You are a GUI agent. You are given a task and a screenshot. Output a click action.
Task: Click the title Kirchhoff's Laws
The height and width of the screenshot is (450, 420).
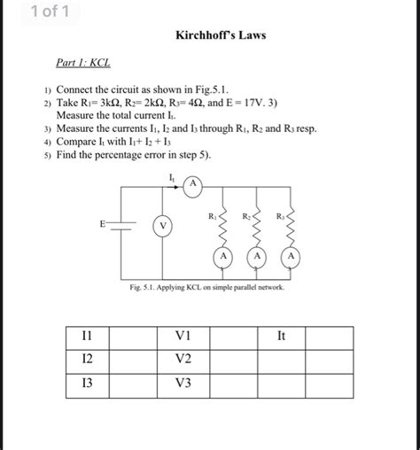tap(222, 35)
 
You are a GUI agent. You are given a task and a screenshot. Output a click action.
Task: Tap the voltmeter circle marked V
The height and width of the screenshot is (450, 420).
tap(162, 226)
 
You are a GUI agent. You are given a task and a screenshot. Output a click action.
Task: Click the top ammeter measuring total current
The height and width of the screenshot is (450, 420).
tap(192, 183)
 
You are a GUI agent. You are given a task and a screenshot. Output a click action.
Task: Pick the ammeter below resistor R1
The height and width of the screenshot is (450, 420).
tap(224, 257)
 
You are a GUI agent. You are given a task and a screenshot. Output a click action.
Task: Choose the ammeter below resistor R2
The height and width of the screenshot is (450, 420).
tap(257, 257)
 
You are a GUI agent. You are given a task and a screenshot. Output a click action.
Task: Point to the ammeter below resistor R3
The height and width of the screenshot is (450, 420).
tap(290, 257)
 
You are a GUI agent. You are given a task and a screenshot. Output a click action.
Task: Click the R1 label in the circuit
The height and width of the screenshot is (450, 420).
tap(213, 215)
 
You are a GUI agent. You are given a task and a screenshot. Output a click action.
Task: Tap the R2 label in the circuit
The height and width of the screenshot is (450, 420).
tap(246, 215)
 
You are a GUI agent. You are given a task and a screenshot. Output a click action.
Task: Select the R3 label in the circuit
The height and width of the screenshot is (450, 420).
tap(280, 215)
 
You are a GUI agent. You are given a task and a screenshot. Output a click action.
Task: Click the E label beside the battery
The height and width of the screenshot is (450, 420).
tap(103, 224)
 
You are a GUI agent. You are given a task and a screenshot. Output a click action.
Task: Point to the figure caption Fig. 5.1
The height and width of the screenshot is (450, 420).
tap(210, 290)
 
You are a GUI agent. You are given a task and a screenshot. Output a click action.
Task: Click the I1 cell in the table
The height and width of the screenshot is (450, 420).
tap(87, 337)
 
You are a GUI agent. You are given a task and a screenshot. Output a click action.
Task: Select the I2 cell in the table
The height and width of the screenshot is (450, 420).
tap(87, 360)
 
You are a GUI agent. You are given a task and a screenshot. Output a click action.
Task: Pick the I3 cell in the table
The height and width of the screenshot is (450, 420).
tap(87, 384)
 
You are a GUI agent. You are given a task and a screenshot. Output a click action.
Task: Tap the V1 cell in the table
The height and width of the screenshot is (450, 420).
tap(183, 337)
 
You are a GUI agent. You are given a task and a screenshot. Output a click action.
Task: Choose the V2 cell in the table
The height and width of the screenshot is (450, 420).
tap(183, 360)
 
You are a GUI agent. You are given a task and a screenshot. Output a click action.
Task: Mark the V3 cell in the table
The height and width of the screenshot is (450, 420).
tap(183, 384)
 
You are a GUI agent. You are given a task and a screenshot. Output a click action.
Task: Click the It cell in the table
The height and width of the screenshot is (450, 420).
tap(281, 337)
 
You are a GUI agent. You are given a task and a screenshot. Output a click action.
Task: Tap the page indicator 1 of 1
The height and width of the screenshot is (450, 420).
tap(43, 12)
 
